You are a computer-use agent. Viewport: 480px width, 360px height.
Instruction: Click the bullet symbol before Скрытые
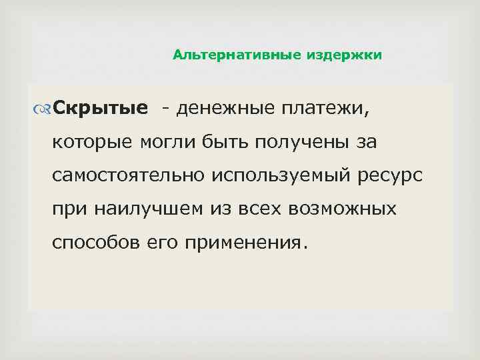point(44,108)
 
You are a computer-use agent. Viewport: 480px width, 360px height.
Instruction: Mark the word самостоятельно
point(129,175)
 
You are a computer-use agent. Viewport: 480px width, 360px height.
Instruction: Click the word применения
point(253,243)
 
